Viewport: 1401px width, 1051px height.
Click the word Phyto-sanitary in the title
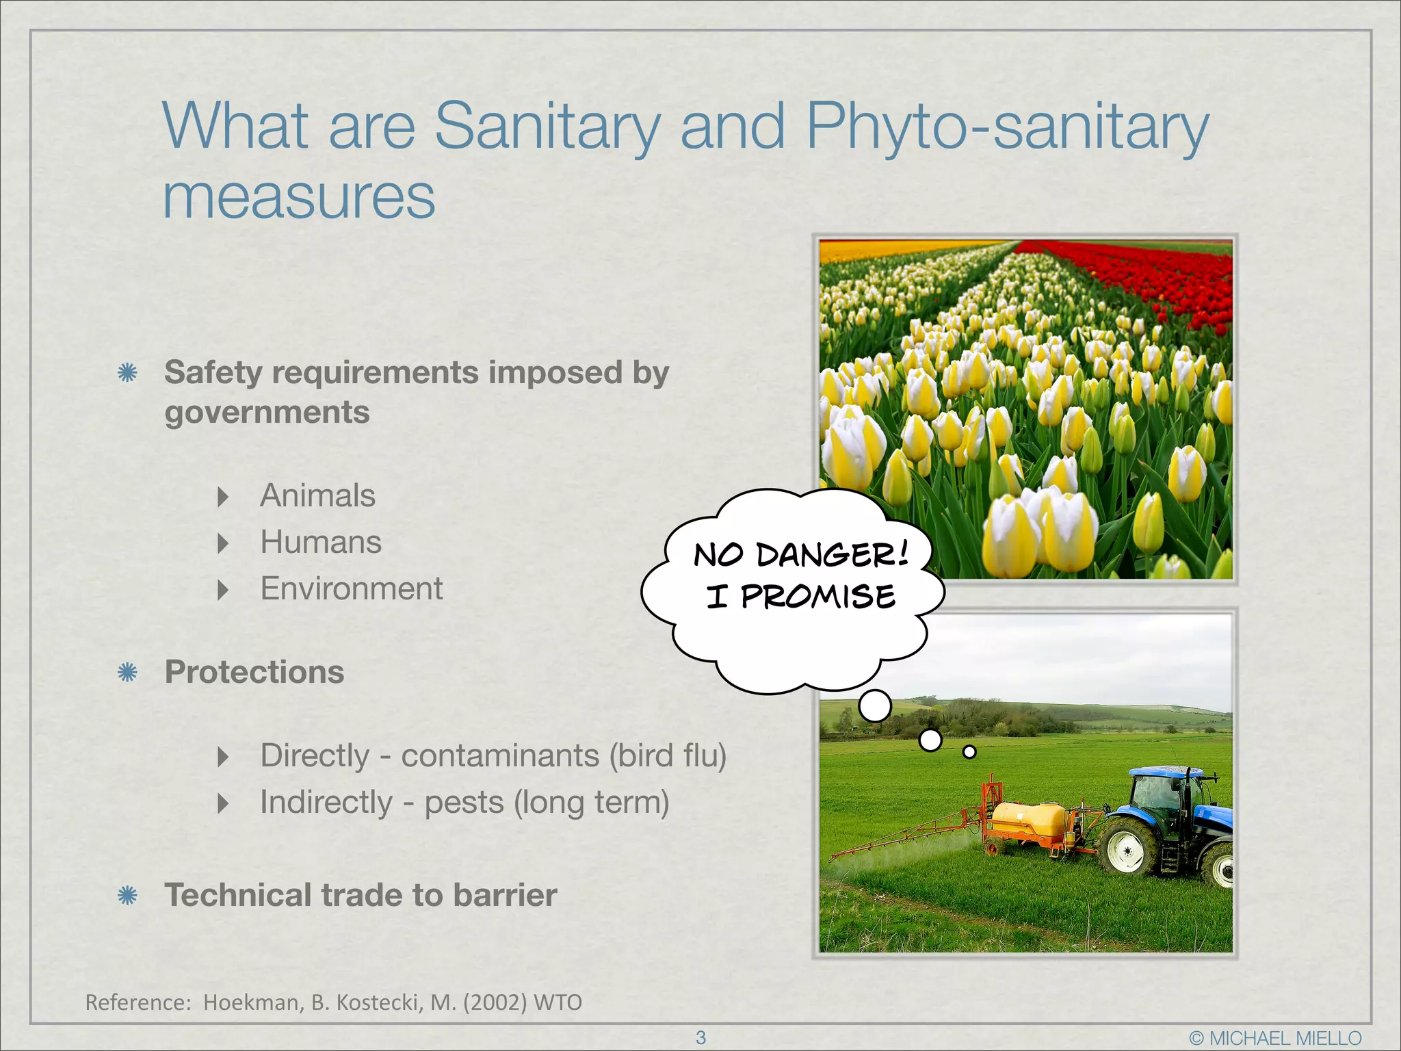click(x=1007, y=128)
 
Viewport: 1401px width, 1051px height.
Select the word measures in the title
click(x=299, y=198)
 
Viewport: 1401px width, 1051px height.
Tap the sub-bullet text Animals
click(x=317, y=496)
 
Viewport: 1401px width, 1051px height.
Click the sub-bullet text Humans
click(x=321, y=543)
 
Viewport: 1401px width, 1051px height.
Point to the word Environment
click(x=352, y=589)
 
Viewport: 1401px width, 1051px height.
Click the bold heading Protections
click(x=254, y=673)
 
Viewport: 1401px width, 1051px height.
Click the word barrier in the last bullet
click(x=505, y=896)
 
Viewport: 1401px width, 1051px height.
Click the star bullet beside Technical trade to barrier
click(x=128, y=896)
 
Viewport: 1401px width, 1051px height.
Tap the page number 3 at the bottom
click(x=700, y=1037)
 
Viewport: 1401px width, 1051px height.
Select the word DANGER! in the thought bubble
click(x=833, y=554)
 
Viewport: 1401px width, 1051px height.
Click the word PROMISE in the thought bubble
click(x=818, y=597)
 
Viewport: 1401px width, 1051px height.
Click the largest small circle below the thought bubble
click(x=875, y=706)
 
